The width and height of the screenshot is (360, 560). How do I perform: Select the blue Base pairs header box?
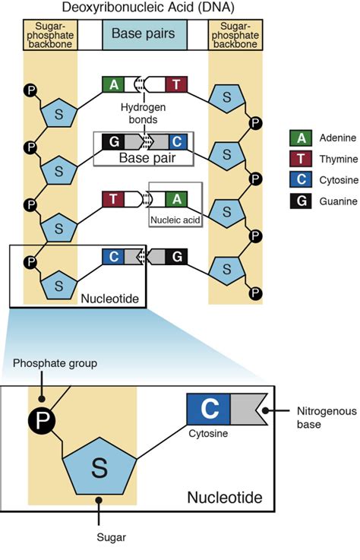(143, 34)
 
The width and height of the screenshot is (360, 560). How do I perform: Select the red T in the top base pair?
(176, 85)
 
